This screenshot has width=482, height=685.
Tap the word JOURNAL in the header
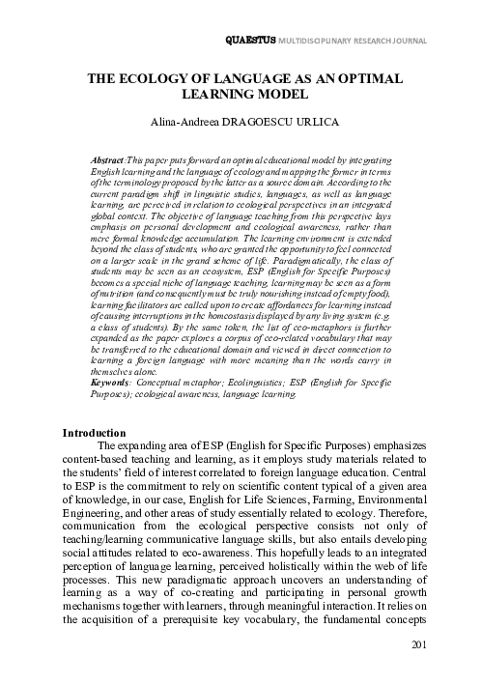434,41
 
